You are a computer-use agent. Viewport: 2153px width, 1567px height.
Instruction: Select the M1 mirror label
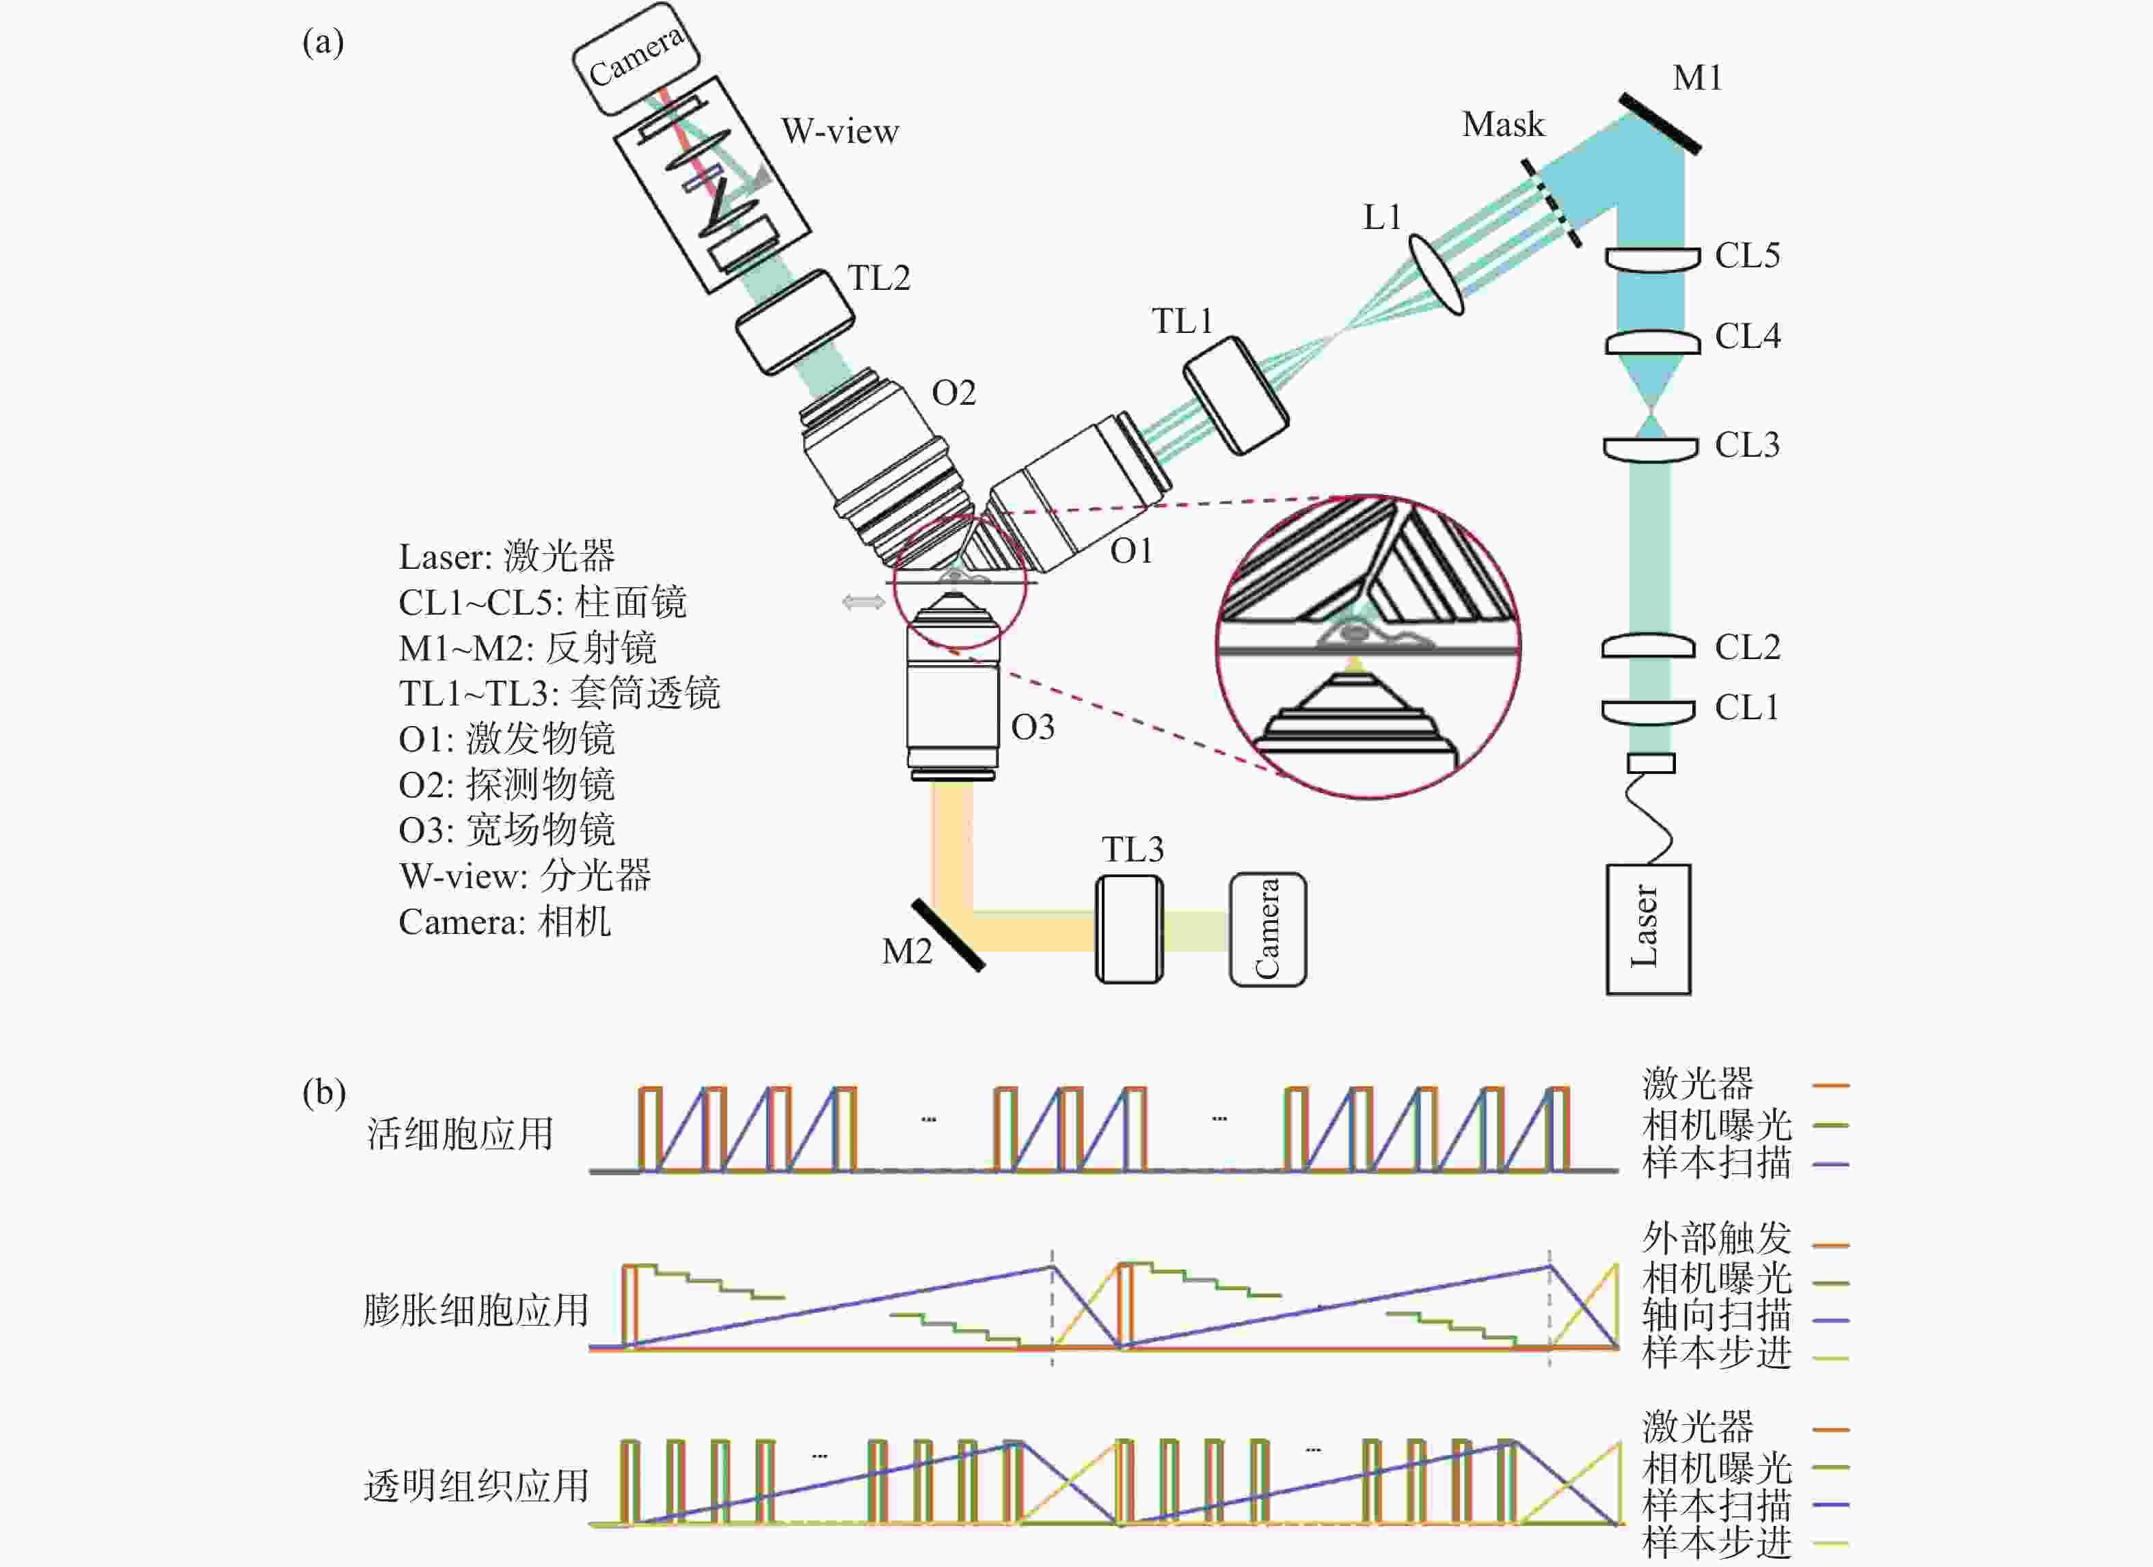click(x=1696, y=78)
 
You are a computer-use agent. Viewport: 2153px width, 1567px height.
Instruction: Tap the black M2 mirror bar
click(x=947, y=935)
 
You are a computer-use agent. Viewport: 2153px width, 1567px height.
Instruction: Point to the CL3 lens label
click(x=1747, y=445)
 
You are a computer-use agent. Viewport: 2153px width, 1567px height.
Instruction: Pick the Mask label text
click(x=1503, y=124)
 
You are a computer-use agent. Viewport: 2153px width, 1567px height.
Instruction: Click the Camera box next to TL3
click(x=1267, y=929)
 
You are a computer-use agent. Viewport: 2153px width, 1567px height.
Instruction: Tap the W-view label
click(x=839, y=132)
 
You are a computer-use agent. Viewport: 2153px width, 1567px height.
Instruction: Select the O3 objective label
click(x=1033, y=727)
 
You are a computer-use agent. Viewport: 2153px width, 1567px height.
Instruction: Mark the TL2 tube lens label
click(x=878, y=278)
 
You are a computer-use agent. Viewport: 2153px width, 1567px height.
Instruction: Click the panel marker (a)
click(x=323, y=43)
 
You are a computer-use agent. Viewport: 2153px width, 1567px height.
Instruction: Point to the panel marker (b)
click(x=323, y=1092)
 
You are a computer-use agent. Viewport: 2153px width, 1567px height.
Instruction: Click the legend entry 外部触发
click(x=1716, y=1238)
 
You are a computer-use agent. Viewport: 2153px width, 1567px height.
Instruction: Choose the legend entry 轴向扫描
click(x=1716, y=1315)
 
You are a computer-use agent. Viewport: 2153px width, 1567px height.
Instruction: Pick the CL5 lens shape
click(x=1652, y=259)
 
